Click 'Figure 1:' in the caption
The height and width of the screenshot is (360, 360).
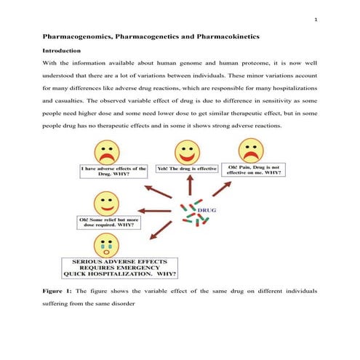click(61, 292)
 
